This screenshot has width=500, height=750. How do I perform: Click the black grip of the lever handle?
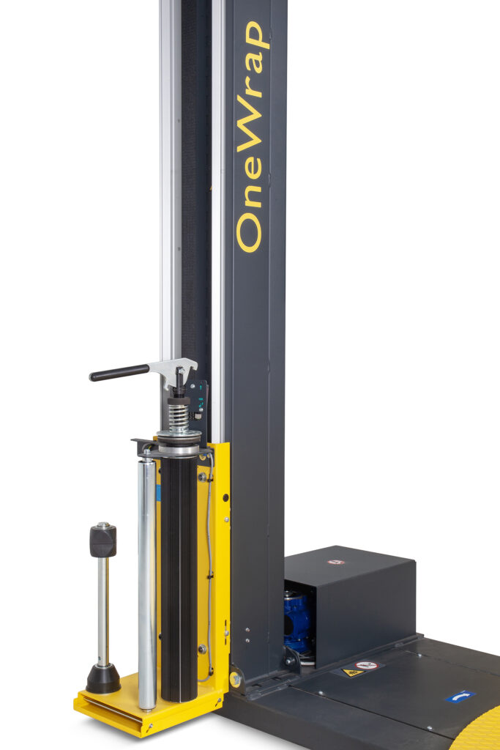coord(119,373)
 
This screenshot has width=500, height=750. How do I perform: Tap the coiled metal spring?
coord(179,417)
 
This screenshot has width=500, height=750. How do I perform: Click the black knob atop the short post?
coord(102,540)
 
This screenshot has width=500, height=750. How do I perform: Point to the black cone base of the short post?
coord(103,678)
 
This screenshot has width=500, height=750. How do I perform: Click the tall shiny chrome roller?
coord(146,584)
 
